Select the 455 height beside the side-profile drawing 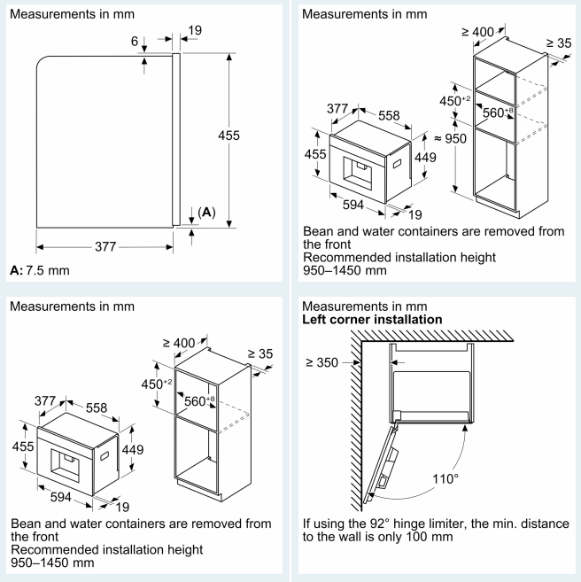[x=229, y=136]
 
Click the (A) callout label [x=205, y=213]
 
